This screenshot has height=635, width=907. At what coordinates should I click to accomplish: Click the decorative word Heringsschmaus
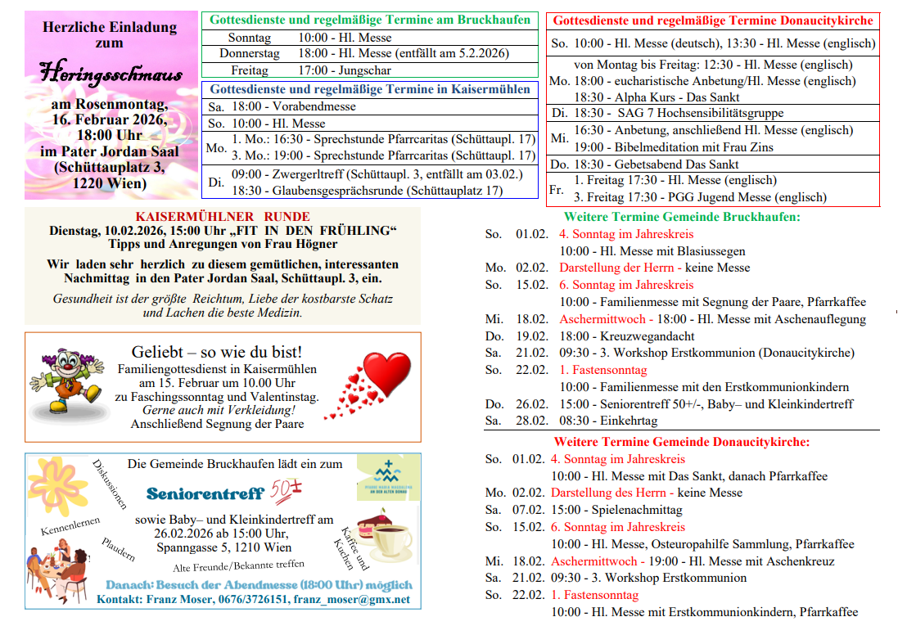[111, 74]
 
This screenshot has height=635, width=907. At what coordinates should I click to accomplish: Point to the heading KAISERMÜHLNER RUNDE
[223, 217]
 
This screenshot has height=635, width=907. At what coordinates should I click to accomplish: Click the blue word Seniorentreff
[205, 493]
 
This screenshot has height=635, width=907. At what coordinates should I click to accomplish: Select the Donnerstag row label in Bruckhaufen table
[250, 54]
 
